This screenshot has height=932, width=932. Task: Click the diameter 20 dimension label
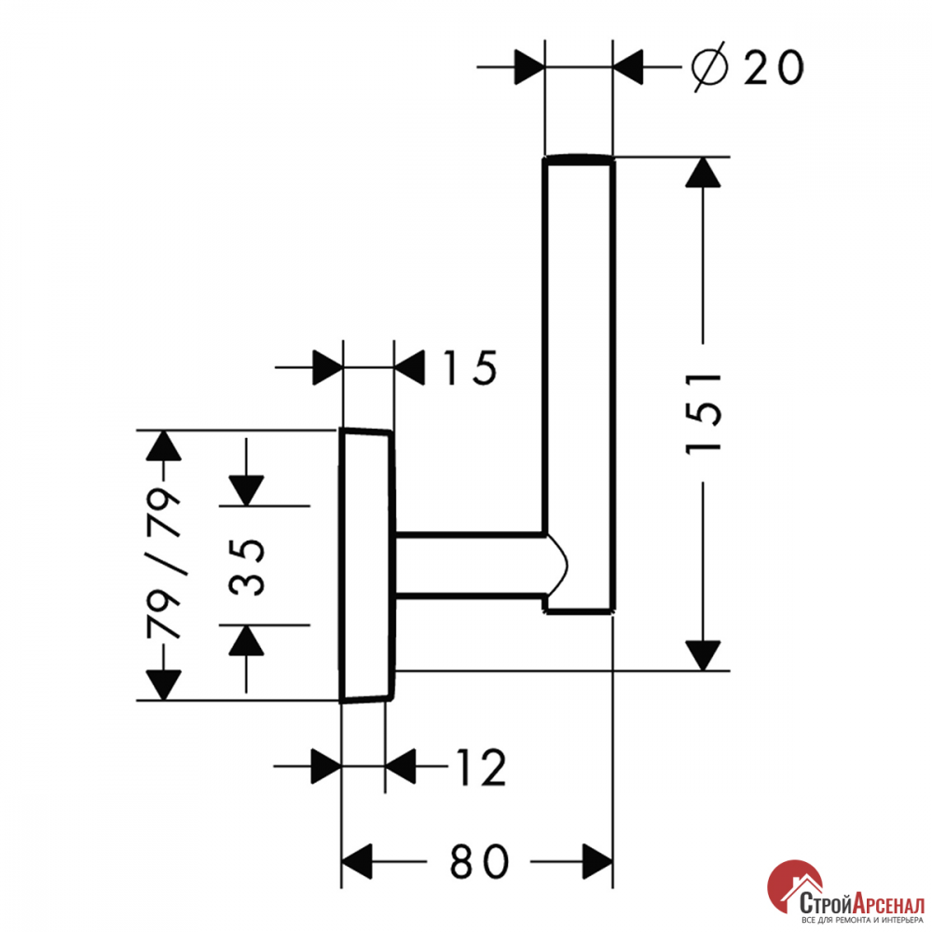[x=747, y=66]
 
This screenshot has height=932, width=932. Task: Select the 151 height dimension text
[x=704, y=414]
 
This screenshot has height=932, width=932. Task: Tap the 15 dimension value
[x=470, y=368]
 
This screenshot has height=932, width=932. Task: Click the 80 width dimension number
[x=479, y=861]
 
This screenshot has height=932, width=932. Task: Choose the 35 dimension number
[x=246, y=567]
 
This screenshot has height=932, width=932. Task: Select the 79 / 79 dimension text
[x=163, y=564]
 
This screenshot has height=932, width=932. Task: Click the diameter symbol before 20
[x=709, y=66]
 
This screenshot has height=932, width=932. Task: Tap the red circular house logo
[x=795, y=890]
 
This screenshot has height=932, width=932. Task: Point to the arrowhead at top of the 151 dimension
[x=703, y=172]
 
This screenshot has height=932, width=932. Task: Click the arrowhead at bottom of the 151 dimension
[x=703, y=655]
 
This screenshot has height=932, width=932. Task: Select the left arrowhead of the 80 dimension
[x=357, y=861]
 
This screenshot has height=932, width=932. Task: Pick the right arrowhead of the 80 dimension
[x=597, y=861]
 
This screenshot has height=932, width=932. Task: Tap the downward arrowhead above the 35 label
[x=246, y=490]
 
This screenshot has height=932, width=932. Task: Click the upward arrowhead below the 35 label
[x=246, y=641]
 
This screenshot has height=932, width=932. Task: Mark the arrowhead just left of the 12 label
[x=401, y=767]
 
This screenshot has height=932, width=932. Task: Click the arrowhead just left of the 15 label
[x=410, y=368]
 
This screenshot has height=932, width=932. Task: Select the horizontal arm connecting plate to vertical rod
[x=470, y=564]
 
